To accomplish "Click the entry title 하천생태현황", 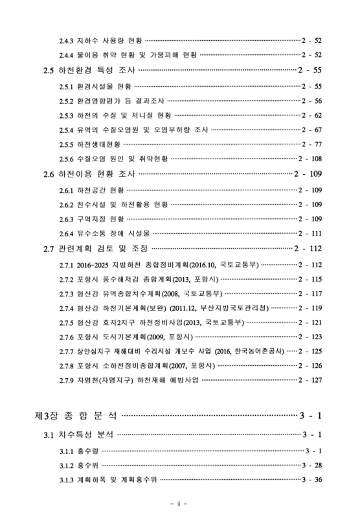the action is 100,144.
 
